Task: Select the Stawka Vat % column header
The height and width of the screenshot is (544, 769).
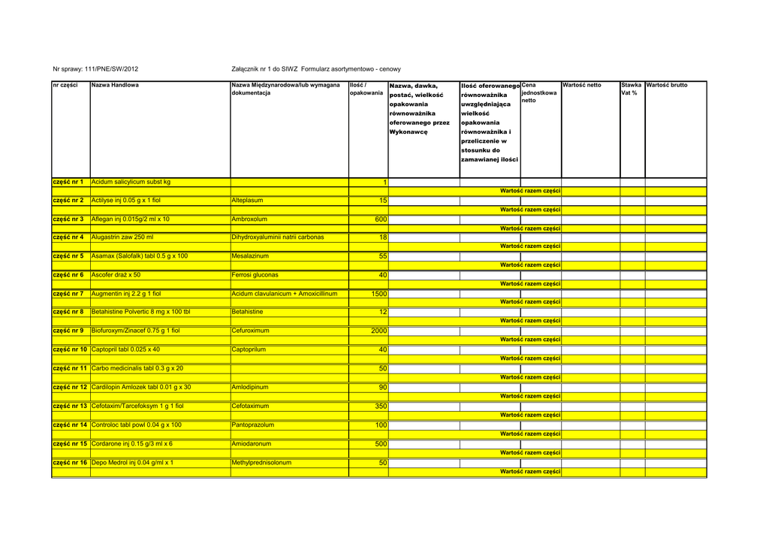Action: pos(631,89)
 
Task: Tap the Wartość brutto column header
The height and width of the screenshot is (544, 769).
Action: pos(667,86)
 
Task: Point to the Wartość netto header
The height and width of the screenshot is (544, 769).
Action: pos(582,86)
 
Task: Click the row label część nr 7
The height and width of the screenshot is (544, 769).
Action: pos(68,294)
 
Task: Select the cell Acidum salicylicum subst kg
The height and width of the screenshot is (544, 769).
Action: pos(131,182)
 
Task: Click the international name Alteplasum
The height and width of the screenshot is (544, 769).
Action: pos(248,201)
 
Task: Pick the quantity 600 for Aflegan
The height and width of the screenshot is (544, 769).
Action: pos(381,219)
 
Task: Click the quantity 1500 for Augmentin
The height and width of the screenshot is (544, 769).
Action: pos(378,294)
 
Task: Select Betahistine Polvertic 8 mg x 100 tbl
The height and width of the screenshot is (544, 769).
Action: pos(140,312)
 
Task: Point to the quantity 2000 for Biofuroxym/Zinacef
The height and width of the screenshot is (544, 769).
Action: pos(378,331)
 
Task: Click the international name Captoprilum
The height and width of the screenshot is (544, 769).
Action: pos(250,349)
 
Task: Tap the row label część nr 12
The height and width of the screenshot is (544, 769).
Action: pos(70,387)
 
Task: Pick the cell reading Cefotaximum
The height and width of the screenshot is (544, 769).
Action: pos(251,406)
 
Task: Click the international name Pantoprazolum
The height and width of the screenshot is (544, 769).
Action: pos(253,425)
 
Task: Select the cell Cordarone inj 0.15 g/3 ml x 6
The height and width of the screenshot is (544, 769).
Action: pos(132,443)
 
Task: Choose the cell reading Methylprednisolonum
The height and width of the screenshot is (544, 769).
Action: pos(261,463)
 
